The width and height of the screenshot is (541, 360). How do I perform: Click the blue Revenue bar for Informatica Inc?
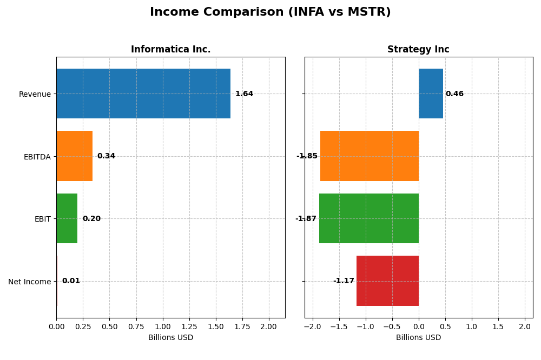[143, 94]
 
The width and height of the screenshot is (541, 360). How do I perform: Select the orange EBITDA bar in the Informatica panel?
[74, 156]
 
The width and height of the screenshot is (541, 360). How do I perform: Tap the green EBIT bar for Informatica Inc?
[67, 218]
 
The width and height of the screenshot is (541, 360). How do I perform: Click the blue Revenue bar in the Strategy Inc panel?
[431, 94]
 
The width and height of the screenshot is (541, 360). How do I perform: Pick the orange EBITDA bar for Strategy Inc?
[370, 156]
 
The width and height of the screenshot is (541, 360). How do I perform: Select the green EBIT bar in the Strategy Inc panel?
[369, 218]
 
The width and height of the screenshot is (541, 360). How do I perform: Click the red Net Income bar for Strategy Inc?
[387, 281]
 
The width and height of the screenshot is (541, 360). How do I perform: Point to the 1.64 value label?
[244, 94]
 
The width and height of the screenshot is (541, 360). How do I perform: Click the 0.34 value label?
[106, 156]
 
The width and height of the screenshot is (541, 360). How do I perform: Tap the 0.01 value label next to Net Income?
[71, 281]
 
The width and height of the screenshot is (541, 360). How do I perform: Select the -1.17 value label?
[344, 281]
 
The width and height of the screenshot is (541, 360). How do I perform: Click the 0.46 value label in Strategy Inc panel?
[454, 94]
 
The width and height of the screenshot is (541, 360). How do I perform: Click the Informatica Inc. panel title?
[170, 50]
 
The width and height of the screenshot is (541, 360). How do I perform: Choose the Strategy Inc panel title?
[418, 50]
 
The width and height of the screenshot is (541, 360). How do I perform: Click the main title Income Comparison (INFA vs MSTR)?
[270, 12]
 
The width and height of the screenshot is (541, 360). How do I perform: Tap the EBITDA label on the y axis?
[37, 157]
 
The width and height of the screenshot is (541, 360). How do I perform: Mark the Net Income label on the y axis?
[29, 282]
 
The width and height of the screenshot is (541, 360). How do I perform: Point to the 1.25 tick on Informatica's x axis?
[189, 326]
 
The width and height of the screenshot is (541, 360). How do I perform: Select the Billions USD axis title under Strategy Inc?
[418, 337]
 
